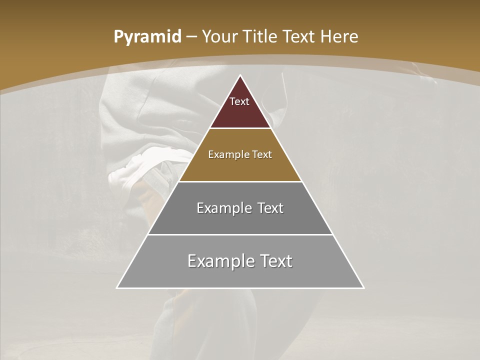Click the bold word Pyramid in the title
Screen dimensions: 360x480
(x=147, y=37)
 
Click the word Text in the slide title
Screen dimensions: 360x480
(x=299, y=37)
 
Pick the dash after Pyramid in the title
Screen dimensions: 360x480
(x=191, y=37)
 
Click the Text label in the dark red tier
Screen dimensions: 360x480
(x=239, y=101)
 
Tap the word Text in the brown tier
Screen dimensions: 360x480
(x=262, y=155)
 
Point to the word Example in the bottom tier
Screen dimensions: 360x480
(x=215, y=261)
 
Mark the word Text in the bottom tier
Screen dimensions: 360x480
(x=275, y=261)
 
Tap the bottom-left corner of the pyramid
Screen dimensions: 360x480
(x=117, y=288)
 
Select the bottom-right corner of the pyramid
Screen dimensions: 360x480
(x=364, y=288)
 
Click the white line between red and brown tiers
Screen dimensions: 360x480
(x=240, y=128)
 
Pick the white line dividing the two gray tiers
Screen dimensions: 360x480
(x=240, y=234)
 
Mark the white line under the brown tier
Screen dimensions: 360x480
(x=240, y=181)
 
